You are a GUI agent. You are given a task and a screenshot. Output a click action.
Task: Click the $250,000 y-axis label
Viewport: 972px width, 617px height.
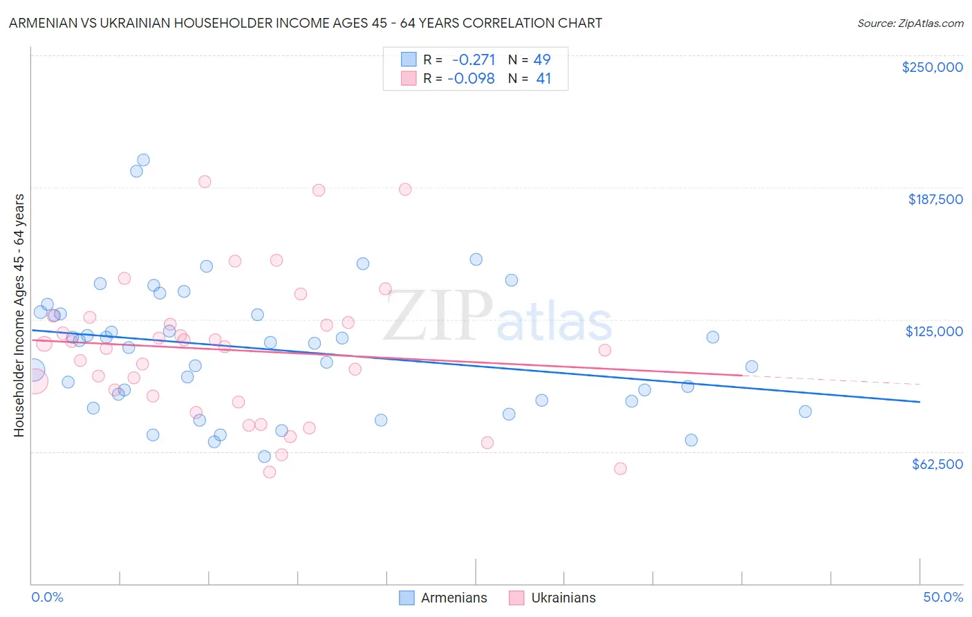coord(932,67)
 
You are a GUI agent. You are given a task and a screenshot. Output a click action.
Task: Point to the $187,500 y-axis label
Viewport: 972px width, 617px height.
coord(935,199)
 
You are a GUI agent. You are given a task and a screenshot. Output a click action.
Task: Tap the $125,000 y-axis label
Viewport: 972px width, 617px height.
coord(934,331)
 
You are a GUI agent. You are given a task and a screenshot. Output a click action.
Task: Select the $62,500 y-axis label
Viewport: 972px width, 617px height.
coord(937,464)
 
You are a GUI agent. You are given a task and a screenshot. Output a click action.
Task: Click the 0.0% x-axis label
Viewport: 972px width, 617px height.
coord(47,597)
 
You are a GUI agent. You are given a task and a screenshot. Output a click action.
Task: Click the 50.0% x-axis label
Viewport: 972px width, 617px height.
coord(943,597)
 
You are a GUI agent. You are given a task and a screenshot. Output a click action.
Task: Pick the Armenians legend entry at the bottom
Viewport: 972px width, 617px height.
coord(454,598)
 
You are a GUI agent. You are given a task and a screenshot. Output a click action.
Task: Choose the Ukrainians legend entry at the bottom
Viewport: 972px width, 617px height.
coord(563,598)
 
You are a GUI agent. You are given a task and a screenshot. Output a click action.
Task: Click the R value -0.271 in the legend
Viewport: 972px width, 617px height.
coord(474,59)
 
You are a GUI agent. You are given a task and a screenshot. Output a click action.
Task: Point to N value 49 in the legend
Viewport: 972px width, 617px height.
coord(542,59)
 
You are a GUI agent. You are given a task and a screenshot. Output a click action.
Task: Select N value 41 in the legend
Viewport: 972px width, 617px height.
coord(543,79)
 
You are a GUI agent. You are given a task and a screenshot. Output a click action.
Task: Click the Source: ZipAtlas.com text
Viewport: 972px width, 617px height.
coord(910,23)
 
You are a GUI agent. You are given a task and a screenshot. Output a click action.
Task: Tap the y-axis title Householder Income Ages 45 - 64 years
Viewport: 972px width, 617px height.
coord(19,315)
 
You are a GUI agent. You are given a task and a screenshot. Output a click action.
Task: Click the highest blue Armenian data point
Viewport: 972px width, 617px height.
coord(143,160)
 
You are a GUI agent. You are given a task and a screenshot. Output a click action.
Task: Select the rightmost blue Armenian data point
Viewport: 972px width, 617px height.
coord(805,412)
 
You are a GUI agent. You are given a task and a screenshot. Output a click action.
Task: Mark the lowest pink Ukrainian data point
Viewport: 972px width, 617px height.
coord(270,472)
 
